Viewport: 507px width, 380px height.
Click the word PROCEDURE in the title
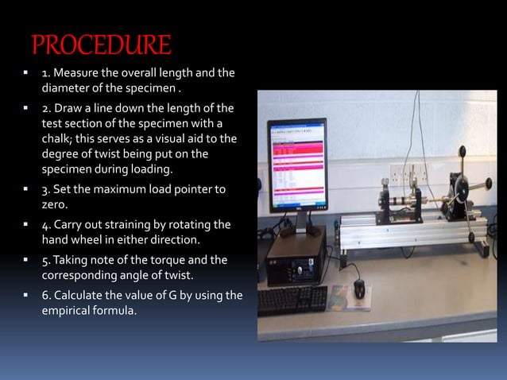tap(100, 44)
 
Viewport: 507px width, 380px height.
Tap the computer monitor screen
tap(295, 162)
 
